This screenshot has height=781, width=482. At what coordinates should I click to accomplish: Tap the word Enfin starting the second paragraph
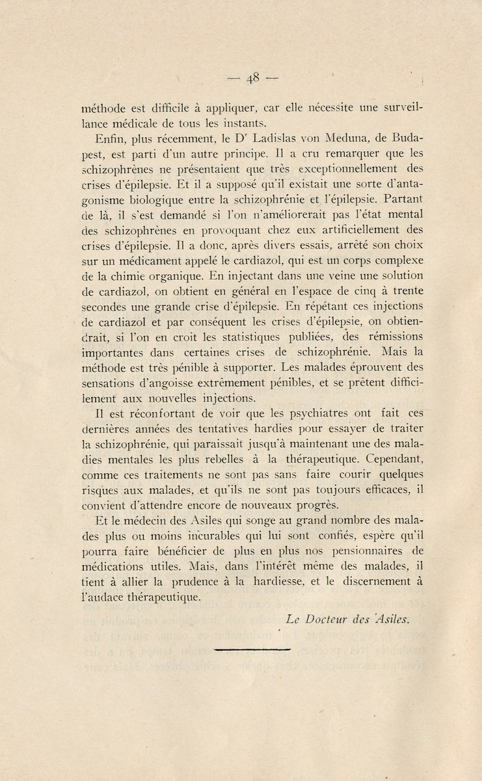click(x=113, y=139)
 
